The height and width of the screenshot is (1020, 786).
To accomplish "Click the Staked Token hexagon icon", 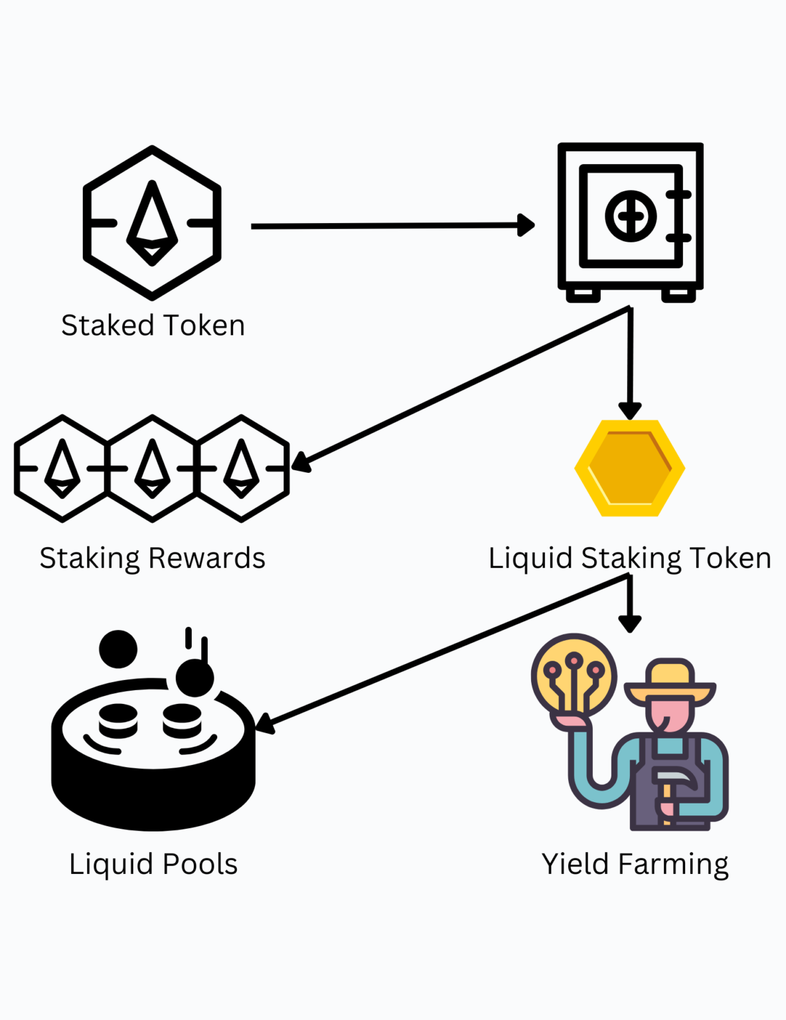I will point(152,223).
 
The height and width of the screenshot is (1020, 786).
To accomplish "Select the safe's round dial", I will point(630,216).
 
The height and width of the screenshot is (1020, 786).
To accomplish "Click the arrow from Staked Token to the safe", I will point(392,226).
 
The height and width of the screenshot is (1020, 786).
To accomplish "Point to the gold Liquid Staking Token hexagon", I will point(629,467).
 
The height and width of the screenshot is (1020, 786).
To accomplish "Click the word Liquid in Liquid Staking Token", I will point(530,558).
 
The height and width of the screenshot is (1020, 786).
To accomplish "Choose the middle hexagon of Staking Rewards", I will point(152,468).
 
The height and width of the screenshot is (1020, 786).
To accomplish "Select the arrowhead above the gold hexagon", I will point(629,410).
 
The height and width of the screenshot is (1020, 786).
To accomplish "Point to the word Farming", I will point(672,865).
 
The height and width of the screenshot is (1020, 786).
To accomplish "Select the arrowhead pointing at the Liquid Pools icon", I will point(264,724).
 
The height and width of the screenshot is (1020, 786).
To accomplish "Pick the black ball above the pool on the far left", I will point(118,649).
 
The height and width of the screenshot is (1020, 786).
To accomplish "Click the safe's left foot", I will point(583,294).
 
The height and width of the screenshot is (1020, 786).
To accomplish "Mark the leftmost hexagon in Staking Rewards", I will point(62,468).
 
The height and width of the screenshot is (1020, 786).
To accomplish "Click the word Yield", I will point(575,865).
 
